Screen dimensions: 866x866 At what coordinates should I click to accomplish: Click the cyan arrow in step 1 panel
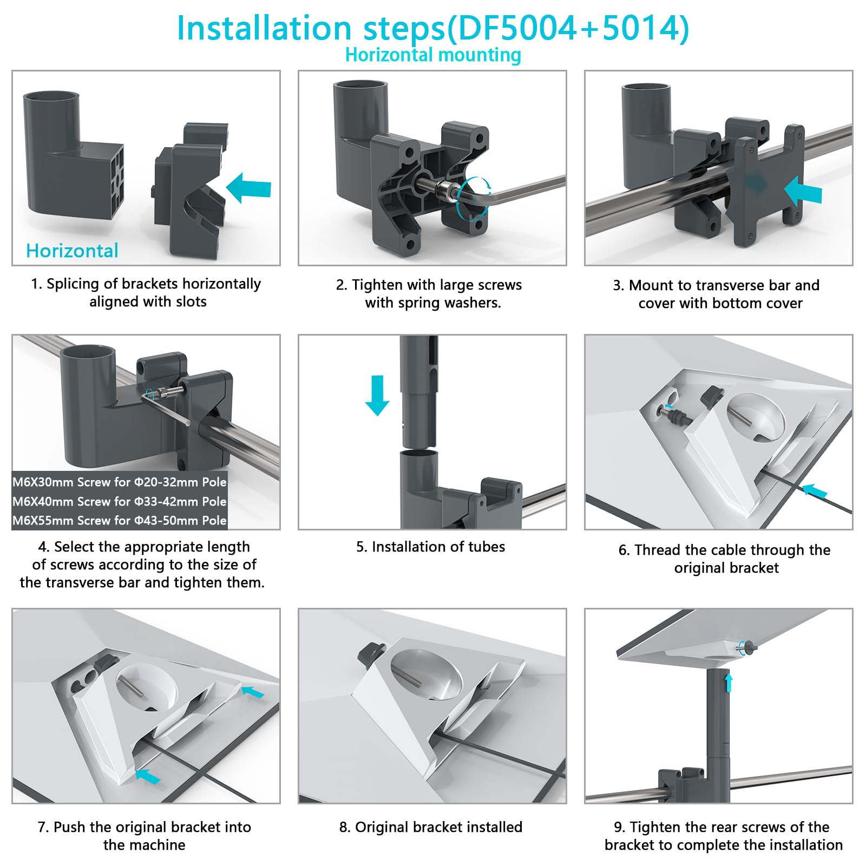(249, 188)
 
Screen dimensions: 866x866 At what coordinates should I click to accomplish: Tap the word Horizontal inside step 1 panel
(72, 251)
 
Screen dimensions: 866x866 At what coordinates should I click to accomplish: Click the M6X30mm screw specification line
(119, 482)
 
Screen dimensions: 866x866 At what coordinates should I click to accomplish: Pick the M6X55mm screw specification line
(119, 520)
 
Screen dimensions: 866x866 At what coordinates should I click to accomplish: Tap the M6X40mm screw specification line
(119, 501)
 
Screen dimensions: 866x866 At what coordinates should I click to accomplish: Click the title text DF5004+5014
(568, 28)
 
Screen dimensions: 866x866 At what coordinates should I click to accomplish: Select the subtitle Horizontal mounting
(433, 55)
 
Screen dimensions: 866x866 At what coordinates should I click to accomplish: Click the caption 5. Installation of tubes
(430, 547)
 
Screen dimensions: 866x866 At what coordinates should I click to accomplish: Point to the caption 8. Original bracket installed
(431, 827)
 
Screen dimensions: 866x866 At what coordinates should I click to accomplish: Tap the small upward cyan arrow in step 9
(729, 683)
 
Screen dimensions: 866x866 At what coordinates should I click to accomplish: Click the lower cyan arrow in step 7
(148, 776)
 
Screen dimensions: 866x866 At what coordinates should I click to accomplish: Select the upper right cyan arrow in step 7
(253, 691)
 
